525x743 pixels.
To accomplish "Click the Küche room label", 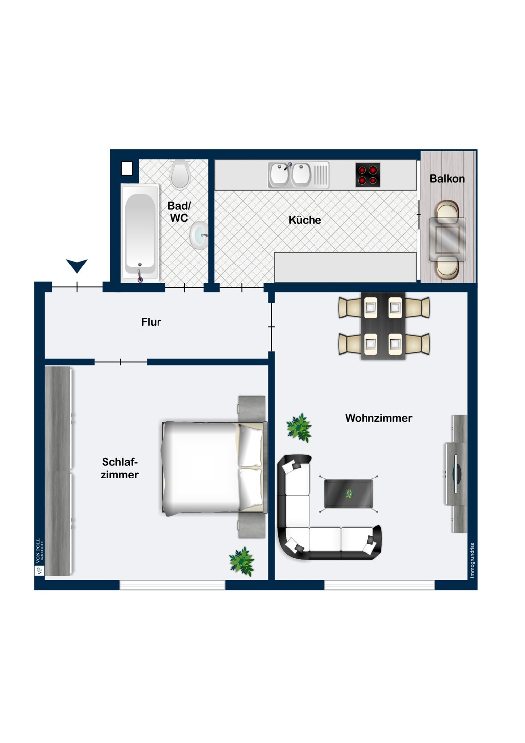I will point(305,220).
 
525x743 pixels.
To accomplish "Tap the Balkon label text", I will point(447,179).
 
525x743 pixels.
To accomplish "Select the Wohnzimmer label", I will point(378,418).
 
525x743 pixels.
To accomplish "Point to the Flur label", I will point(151,322).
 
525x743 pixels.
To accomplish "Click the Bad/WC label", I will point(179,212).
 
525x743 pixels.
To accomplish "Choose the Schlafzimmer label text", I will point(119,468).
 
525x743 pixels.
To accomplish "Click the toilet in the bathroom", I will point(180,174).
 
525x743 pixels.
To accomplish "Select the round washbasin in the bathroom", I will point(199,235).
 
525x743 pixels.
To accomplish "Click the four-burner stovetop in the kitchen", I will point(367,175).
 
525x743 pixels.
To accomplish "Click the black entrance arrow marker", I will point(77,265).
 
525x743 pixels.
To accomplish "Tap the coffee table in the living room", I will point(349,493).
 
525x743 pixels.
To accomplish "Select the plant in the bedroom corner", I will point(242,561).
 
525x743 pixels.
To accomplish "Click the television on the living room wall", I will point(456,474).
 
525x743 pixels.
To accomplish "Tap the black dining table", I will point(383,325).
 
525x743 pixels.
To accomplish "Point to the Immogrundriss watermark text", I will point(472,560).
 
